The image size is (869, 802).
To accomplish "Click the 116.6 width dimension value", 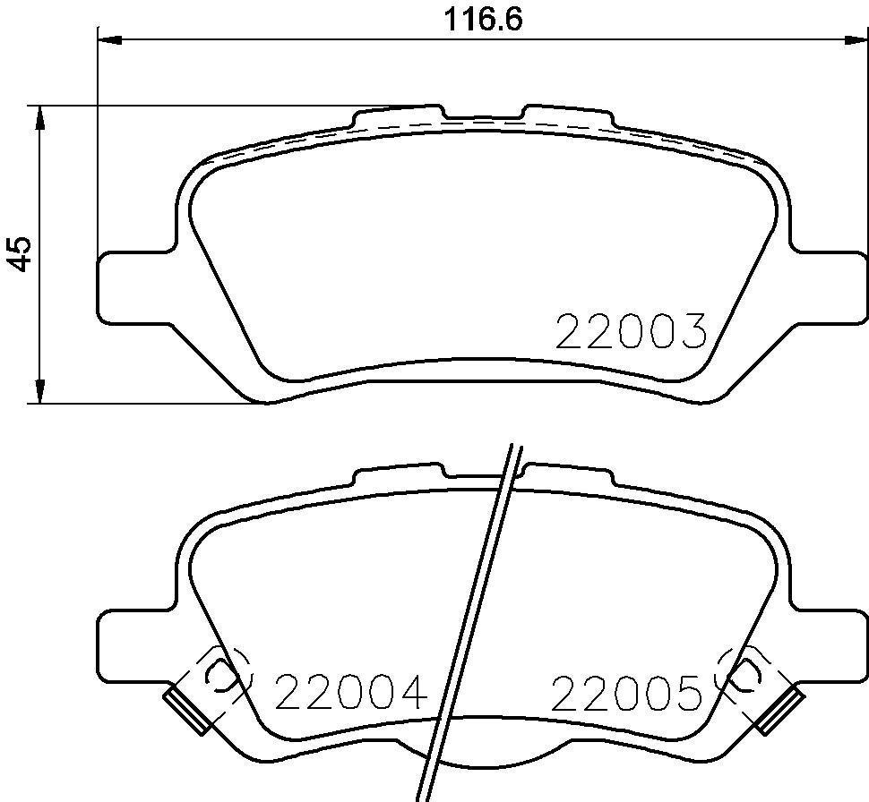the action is (483, 20).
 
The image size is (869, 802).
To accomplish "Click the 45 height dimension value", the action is (22, 253).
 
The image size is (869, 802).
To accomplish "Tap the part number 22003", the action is (632, 331).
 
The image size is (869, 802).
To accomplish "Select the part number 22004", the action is (351, 692).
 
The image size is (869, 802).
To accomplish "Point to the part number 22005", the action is (625, 692).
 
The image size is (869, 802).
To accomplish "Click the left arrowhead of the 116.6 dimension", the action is (109, 39).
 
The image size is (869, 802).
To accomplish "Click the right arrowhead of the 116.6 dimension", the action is (856, 39).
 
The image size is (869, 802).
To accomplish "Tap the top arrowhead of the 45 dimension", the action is (39, 117).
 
